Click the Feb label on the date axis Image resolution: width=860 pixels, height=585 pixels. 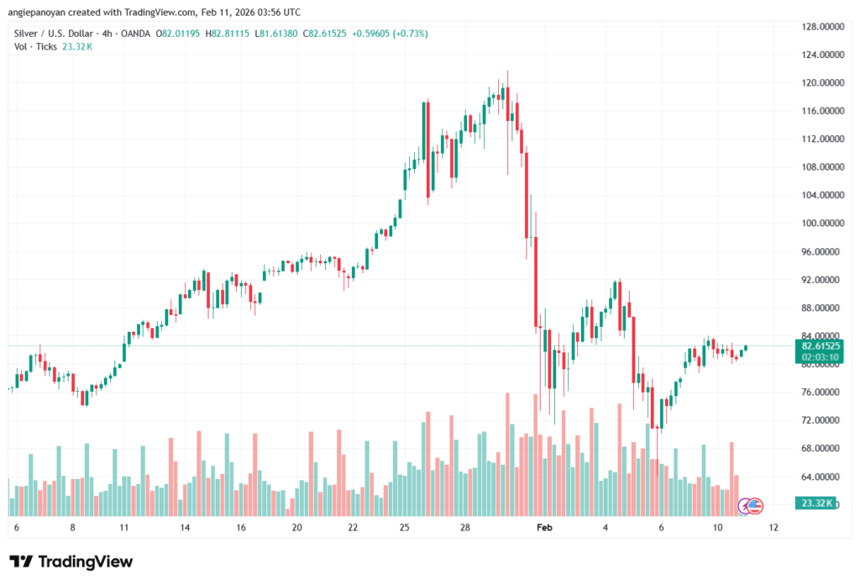pyautogui.click(x=544, y=527)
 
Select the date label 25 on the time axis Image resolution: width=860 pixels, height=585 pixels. pyautogui.click(x=404, y=527)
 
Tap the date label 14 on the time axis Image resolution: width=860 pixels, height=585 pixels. pyautogui.click(x=185, y=527)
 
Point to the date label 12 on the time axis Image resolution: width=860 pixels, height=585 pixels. pyautogui.click(x=773, y=527)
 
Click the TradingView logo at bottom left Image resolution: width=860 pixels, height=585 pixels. pyautogui.click(x=71, y=561)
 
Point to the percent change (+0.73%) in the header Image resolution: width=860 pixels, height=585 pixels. pyautogui.click(x=406, y=34)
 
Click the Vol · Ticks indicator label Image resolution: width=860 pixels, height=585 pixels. pyautogui.click(x=35, y=46)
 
